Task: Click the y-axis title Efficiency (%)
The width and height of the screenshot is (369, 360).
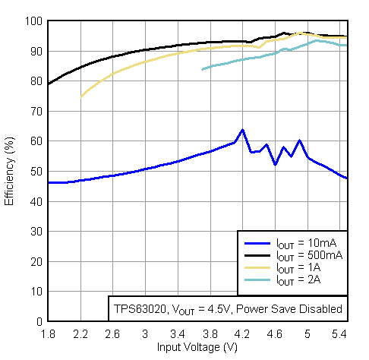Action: point(10,172)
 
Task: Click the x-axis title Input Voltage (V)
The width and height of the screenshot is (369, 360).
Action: point(197,347)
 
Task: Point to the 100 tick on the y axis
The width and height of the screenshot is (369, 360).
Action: point(36,21)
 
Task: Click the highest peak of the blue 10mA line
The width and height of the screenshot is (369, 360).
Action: point(242,130)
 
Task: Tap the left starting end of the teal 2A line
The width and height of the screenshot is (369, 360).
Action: point(202,69)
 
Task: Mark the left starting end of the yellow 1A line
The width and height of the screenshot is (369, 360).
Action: point(80,96)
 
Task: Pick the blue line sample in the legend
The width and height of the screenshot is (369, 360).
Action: point(258,244)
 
